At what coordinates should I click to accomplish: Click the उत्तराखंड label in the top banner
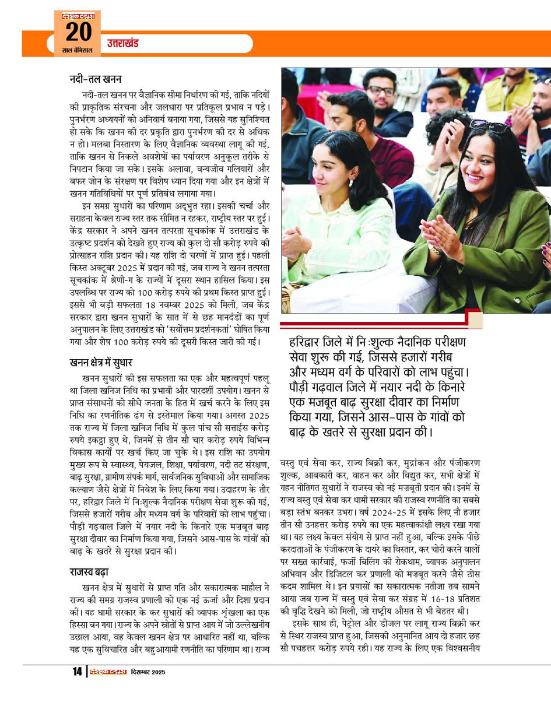click(x=123, y=44)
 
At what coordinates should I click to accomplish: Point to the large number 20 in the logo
click(x=78, y=31)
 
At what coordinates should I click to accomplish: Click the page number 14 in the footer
click(x=77, y=672)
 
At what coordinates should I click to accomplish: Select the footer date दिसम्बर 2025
click(x=146, y=672)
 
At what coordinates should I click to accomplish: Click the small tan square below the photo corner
click(x=474, y=320)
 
